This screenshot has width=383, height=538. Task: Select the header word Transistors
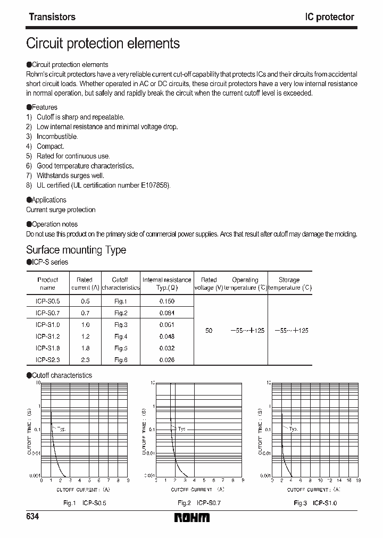(52, 17)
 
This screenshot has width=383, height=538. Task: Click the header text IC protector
(329, 17)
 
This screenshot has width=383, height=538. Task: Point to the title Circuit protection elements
(103, 43)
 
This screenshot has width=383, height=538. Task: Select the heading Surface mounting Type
(76, 250)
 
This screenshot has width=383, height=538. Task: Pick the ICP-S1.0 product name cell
(47, 325)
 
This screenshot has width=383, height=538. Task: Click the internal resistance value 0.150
(166, 301)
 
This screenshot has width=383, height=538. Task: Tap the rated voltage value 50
(209, 331)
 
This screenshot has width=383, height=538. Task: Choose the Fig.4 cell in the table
(121, 337)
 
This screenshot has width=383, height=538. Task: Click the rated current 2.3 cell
(85, 360)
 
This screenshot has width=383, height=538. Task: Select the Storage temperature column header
(289, 283)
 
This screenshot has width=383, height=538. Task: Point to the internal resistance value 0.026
(166, 360)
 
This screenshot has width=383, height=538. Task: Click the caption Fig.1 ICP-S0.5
(85, 502)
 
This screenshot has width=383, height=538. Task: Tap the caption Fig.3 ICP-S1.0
(315, 502)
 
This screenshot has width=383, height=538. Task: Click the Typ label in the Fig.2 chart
(182, 428)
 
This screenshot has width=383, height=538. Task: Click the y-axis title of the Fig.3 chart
(260, 431)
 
